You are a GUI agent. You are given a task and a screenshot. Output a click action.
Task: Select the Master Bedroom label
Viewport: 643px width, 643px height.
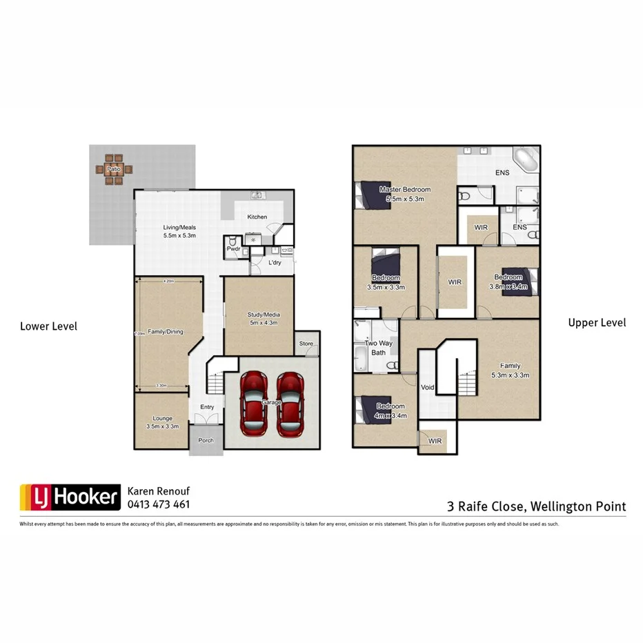[405, 194]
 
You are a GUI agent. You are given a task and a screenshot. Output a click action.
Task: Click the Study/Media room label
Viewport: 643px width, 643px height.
[264, 319]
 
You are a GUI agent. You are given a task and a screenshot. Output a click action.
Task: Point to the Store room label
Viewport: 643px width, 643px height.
[306, 343]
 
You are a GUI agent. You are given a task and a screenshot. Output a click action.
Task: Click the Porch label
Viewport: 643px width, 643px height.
[206, 440]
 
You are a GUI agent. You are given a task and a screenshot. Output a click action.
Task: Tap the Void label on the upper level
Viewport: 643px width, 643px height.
[428, 388]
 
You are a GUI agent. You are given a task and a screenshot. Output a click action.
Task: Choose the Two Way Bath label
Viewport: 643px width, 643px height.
[379, 348]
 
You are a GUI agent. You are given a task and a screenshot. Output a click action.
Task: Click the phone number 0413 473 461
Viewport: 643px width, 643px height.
[159, 504]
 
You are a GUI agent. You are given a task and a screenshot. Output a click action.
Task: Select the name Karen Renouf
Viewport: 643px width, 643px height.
[159, 491]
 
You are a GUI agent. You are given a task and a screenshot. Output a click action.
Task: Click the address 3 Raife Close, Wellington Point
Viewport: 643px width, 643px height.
[536, 506]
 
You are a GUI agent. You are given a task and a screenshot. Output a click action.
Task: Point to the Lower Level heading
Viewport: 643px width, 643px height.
[49, 326]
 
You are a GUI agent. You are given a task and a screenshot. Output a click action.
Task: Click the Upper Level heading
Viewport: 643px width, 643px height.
[597, 322]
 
